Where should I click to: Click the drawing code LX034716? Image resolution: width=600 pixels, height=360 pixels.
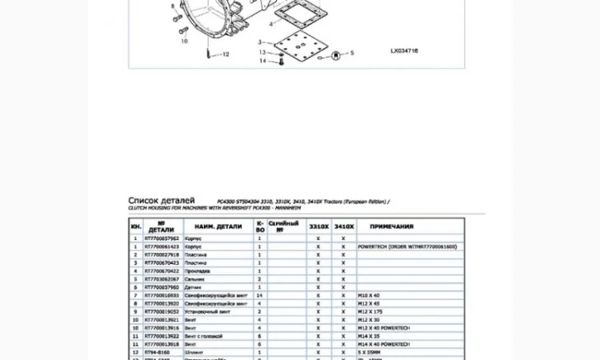click(x=404, y=50)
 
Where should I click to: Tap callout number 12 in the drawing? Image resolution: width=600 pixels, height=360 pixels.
click(x=226, y=54)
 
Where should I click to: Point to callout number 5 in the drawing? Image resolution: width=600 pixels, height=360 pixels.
click(x=351, y=52)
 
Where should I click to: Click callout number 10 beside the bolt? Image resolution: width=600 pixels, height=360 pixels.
click(x=184, y=41)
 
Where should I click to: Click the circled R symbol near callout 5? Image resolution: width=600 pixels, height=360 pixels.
click(x=335, y=54)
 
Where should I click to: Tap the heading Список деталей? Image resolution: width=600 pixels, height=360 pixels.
click(x=161, y=200)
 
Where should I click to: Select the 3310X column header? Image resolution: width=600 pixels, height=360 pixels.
click(x=318, y=226)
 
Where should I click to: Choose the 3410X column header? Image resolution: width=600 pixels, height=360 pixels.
click(x=344, y=226)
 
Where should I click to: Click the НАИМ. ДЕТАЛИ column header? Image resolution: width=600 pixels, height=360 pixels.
click(x=218, y=226)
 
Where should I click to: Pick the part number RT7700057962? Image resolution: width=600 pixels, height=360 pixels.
click(x=162, y=238)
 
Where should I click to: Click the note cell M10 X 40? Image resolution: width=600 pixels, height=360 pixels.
click(x=370, y=295)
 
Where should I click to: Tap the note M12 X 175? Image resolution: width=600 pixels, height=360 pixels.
click(x=371, y=312)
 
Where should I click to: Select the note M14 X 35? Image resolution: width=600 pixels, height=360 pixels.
click(x=370, y=336)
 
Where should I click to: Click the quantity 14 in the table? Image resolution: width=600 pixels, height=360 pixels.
click(x=259, y=295)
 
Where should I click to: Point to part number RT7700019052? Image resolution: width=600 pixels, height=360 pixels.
click(x=162, y=312)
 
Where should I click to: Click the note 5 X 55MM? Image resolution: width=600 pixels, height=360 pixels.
click(x=370, y=352)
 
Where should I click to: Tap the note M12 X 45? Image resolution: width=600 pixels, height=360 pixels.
click(x=370, y=304)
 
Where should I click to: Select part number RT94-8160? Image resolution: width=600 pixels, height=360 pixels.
click(x=157, y=352)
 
